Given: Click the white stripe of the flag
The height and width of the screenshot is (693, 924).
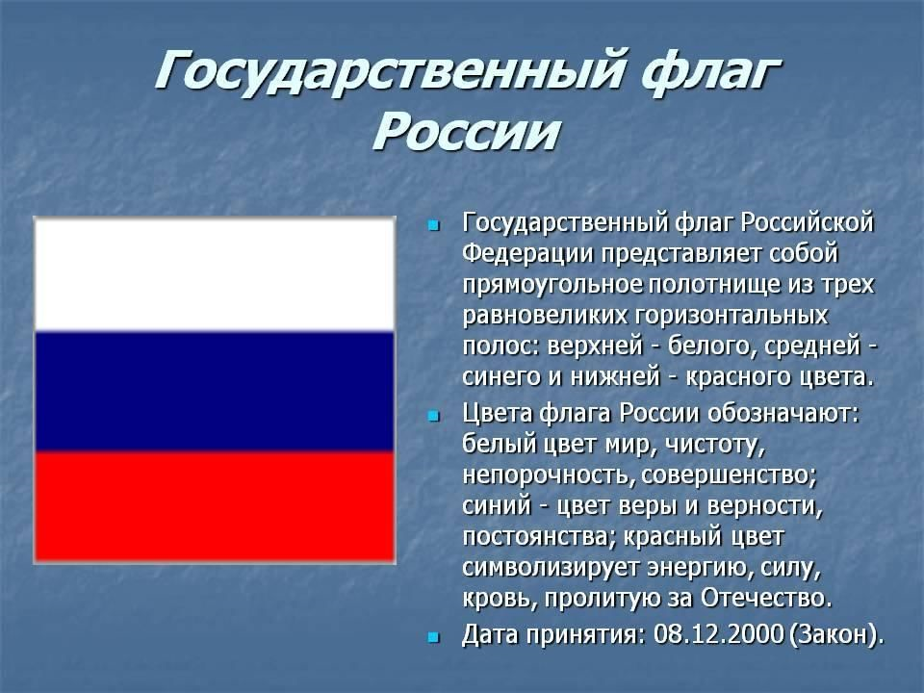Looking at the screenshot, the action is [x=215, y=274].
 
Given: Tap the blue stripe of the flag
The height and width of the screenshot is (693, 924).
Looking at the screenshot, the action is [x=215, y=392].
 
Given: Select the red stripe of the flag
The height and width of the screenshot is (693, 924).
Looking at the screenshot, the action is [x=215, y=507].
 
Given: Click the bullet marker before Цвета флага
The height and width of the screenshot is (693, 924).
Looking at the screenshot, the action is [x=434, y=416].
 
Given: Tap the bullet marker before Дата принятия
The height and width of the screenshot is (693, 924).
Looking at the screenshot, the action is [x=434, y=637].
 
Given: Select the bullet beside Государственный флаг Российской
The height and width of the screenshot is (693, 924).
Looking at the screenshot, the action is [x=434, y=225].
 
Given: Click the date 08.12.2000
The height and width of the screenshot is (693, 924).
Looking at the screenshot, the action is [x=719, y=634].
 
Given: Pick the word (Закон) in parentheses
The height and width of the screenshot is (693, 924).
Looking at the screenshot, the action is [x=836, y=635].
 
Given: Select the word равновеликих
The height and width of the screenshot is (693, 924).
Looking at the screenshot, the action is [x=546, y=316].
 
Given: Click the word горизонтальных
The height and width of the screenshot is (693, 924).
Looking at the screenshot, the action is [x=731, y=316].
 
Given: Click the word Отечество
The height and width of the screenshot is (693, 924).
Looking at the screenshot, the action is [x=765, y=599].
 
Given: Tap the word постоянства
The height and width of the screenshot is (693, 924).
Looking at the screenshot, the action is [x=539, y=537].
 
